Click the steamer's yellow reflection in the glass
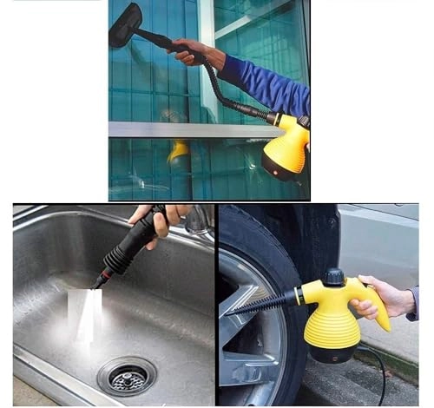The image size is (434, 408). coord(180,150)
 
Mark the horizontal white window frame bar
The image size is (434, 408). coord(182,129)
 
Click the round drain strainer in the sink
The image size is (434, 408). coord(127,376)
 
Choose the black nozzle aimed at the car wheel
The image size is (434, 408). coord(260,304)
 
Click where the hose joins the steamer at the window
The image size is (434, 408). coord(271,116)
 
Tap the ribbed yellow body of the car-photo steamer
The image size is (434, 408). coord(332,326)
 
